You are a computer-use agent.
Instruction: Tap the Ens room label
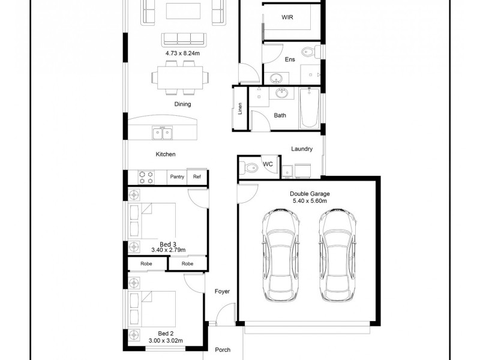[x=290, y=59]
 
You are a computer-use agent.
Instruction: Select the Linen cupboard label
[x=240, y=109]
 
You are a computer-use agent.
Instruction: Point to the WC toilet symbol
[x=250, y=167]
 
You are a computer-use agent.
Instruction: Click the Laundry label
[x=301, y=149]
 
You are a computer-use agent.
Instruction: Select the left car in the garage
[x=281, y=254]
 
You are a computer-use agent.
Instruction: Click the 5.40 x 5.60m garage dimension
[x=310, y=201]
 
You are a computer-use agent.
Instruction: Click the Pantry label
[x=177, y=177]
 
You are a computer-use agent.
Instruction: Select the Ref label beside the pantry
[x=197, y=177]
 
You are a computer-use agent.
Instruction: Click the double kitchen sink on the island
[x=162, y=132]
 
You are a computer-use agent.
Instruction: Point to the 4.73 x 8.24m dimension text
[x=182, y=53]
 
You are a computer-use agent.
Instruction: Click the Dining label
[x=182, y=104]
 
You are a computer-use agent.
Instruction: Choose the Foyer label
[x=222, y=292]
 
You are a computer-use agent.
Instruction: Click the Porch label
[x=223, y=349]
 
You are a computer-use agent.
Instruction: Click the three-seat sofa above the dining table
[x=182, y=39]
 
